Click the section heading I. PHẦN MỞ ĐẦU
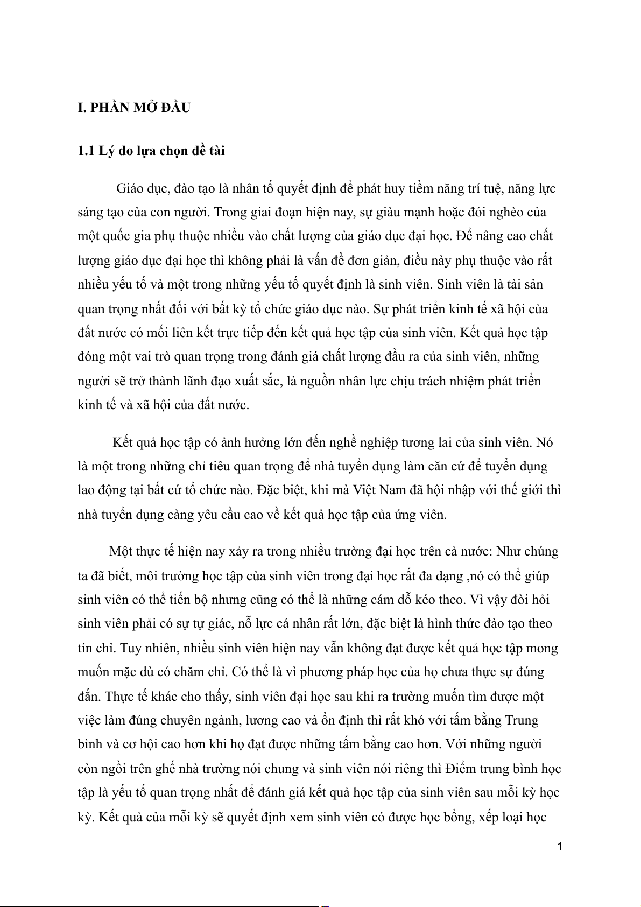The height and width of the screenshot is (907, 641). (x=134, y=108)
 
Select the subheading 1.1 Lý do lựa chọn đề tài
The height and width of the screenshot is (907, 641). (x=151, y=151)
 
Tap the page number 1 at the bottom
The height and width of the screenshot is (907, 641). (x=560, y=847)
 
